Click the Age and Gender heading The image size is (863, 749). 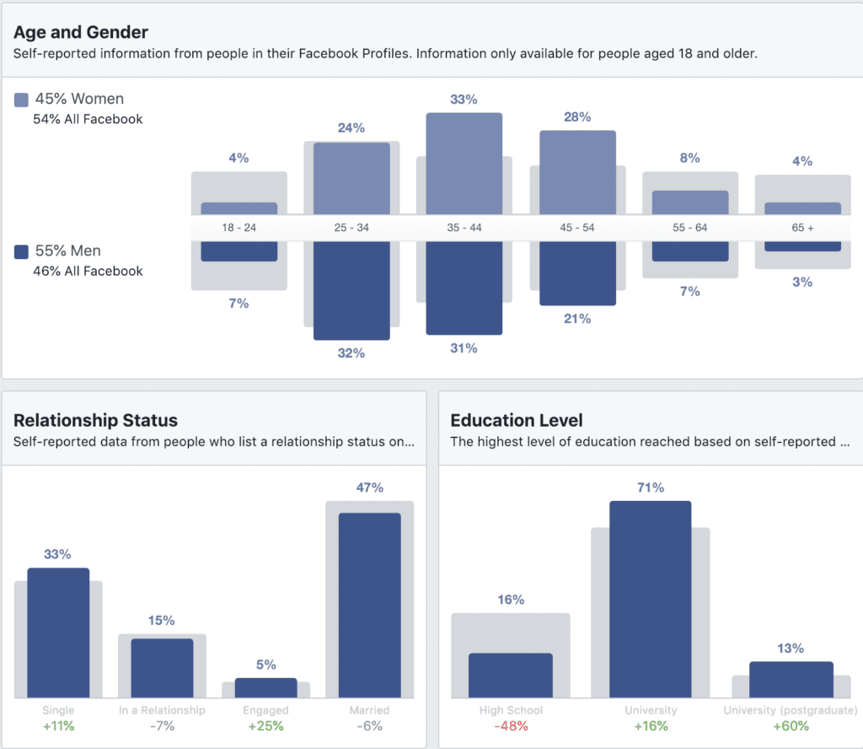click(81, 33)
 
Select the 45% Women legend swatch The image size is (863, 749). click(22, 100)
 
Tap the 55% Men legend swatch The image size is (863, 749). click(22, 251)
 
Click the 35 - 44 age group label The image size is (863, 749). click(464, 228)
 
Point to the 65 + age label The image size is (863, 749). click(802, 228)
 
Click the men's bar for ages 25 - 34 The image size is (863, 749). click(351, 290)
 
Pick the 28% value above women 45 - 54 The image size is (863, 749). click(577, 116)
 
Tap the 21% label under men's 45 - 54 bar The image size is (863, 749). click(577, 319)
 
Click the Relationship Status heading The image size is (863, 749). click(96, 420)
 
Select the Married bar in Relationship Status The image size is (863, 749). click(369, 604)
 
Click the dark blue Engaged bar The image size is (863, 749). click(265, 687)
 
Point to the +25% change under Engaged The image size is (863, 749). click(265, 726)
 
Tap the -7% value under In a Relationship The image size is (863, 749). click(162, 726)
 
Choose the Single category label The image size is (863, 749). click(58, 710)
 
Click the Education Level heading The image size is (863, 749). click(517, 420)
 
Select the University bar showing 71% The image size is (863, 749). click(650, 599)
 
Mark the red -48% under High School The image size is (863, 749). click(511, 726)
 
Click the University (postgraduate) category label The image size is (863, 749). click(791, 710)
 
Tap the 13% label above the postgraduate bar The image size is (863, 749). click(791, 649)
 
